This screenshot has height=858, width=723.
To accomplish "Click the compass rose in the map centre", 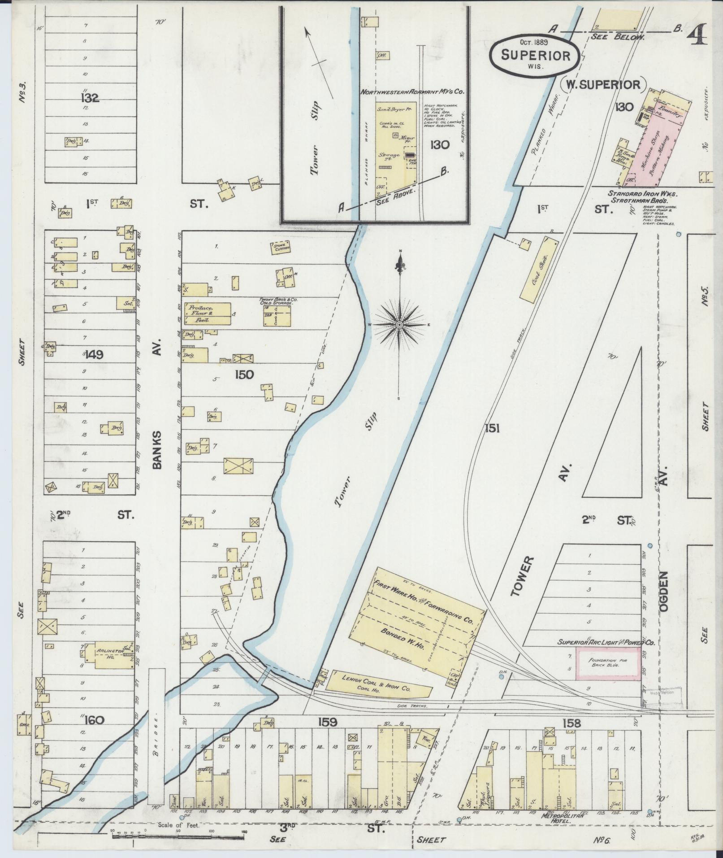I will [x=399, y=324].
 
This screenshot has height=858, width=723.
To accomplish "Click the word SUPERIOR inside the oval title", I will [x=535, y=56].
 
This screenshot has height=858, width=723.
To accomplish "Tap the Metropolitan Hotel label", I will [x=563, y=815].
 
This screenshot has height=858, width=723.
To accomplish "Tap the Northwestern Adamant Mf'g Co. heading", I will [x=412, y=91].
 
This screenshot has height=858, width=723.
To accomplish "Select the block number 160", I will [x=94, y=720].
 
